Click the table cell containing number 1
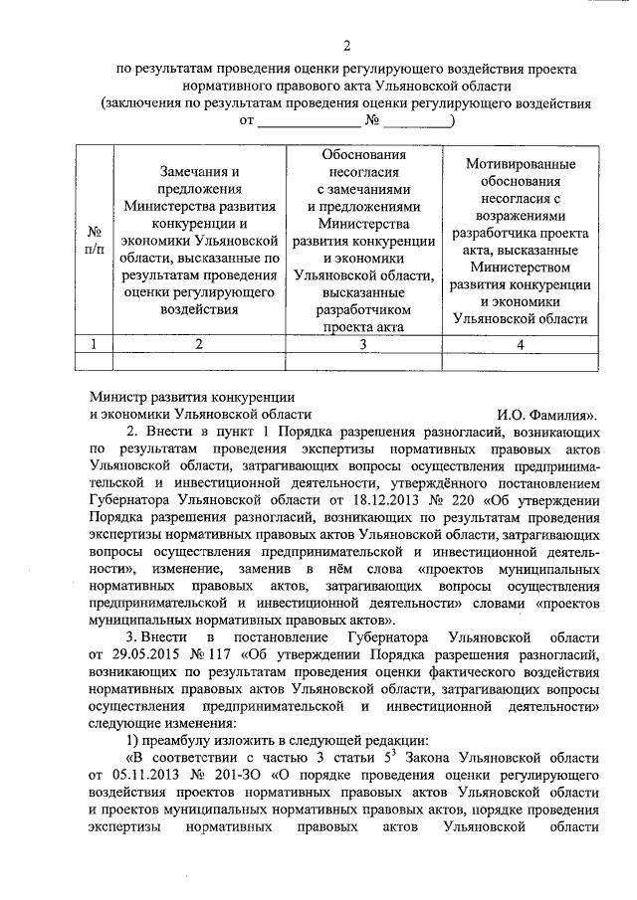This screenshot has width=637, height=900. point(95,344)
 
